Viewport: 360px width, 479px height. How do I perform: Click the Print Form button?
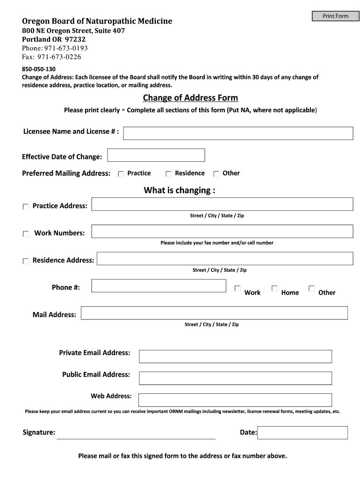pyautogui.click(x=335, y=16)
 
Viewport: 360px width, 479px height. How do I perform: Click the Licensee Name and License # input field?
pyautogui.click(x=238, y=133)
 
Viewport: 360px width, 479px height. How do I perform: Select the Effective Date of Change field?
pyautogui.click(x=156, y=155)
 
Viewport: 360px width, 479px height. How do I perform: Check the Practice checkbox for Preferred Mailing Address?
pyautogui.click(x=121, y=174)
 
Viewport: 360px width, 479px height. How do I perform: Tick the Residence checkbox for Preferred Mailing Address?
pyautogui.click(x=169, y=174)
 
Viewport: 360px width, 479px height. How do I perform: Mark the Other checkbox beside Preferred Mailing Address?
pyautogui.click(x=216, y=174)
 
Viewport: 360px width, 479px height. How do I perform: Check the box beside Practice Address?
pyautogui.click(x=26, y=207)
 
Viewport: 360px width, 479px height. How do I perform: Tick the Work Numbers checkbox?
pyautogui.click(x=26, y=234)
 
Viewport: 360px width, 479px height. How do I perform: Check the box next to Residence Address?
pyautogui.click(x=26, y=261)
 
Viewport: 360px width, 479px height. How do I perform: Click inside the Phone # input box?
pyautogui.click(x=159, y=286)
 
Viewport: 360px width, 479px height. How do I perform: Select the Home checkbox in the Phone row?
pyautogui.click(x=274, y=289)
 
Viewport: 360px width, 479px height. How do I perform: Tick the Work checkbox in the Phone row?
pyautogui.click(x=238, y=289)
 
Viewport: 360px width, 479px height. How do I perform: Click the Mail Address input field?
pyautogui.click(x=214, y=313)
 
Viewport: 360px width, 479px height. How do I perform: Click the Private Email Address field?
pyautogui.click(x=235, y=356)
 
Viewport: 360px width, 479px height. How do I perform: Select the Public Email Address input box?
pyautogui.click(x=235, y=378)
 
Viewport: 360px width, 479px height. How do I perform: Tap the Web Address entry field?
pyautogui.click(x=235, y=399)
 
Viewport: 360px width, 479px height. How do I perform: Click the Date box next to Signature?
pyautogui.click(x=302, y=433)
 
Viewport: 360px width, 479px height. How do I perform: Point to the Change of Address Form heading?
pyautogui.click(x=190, y=98)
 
